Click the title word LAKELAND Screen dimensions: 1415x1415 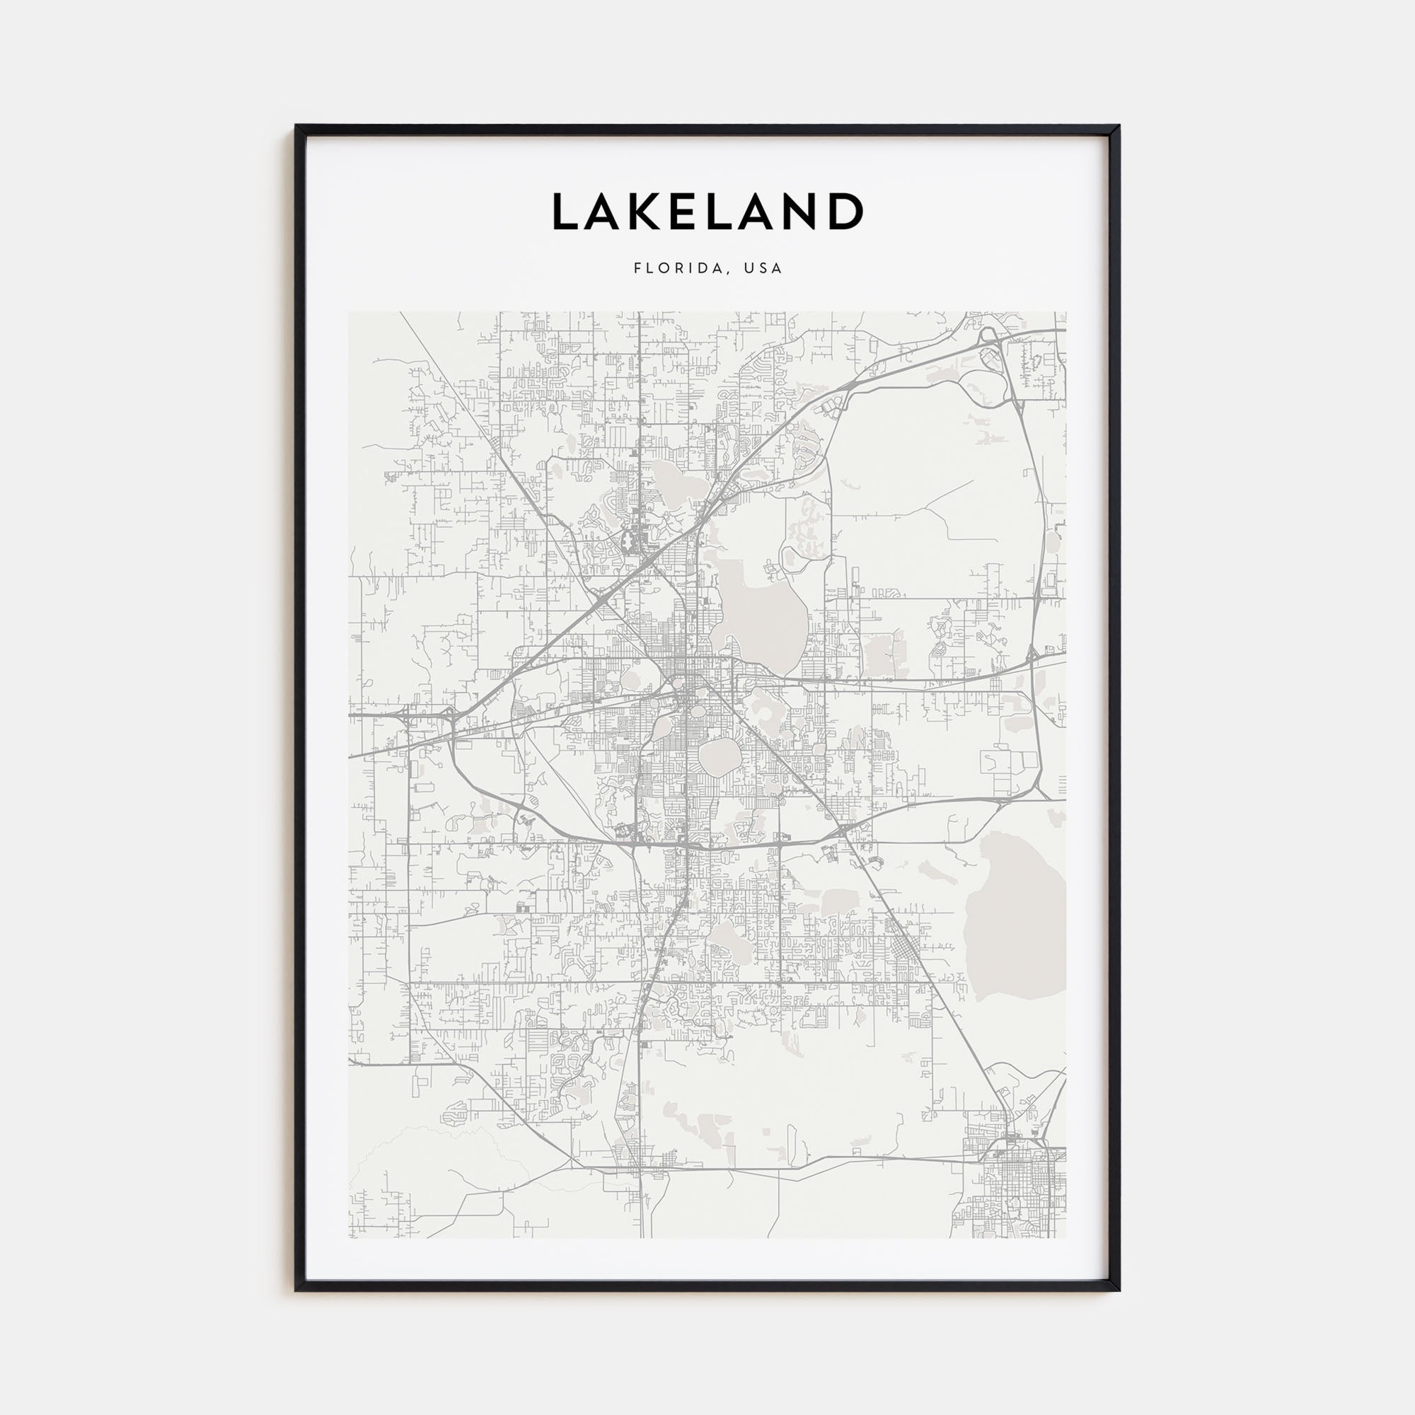click(x=707, y=212)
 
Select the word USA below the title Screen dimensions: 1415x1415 click(x=764, y=268)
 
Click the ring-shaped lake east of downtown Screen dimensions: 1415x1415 click(x=762, y=706)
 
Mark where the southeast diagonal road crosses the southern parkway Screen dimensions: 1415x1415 click(x=845, y=831)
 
